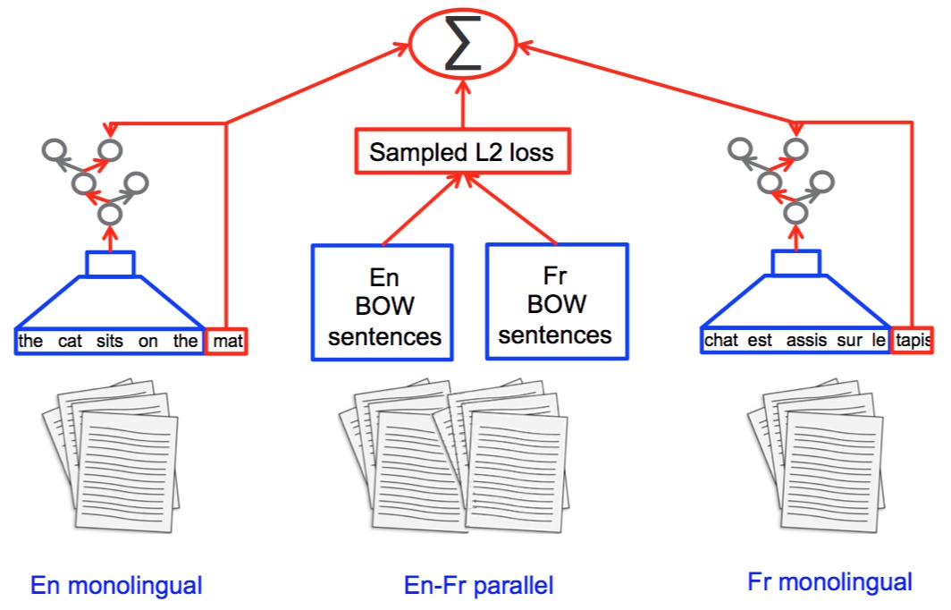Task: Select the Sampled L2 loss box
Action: tap(462, 152)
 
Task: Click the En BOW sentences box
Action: tap(383, 303)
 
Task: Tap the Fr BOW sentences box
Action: tap(556, 303)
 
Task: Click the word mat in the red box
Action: tap(227, 341)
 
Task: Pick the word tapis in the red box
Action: tap(913, 341)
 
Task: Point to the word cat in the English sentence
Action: tap(71, 341)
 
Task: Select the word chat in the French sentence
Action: tap(722, 341)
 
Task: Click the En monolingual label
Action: tap(116, 586)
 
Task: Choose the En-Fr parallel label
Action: tap(479, 586)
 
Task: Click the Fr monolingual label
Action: tap(829, 582)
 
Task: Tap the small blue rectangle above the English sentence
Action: tap(110, 264)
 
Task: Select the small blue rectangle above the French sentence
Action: tap(795, 262)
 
